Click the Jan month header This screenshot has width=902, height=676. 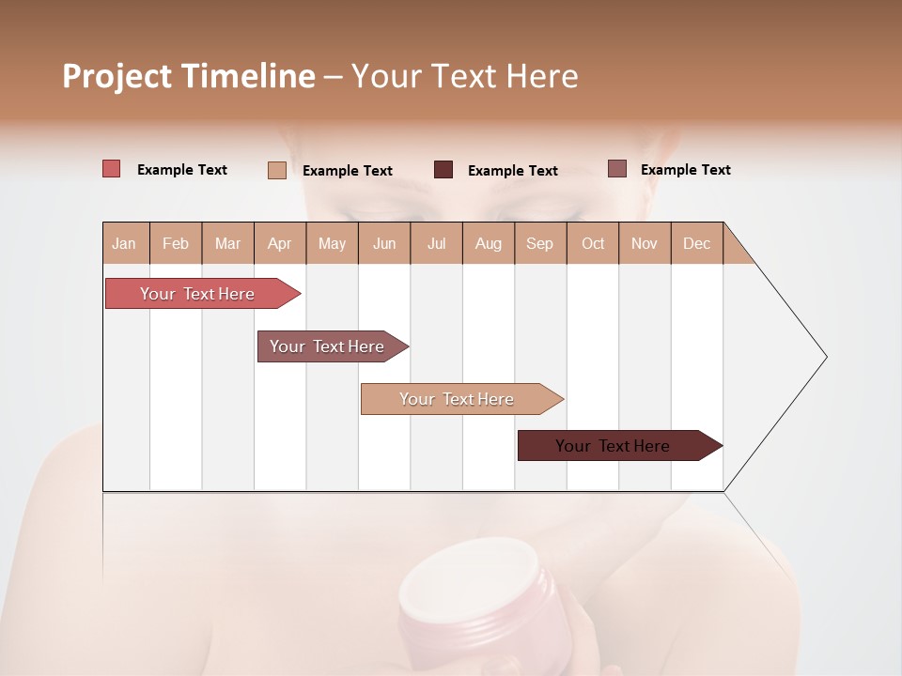click(124, 243)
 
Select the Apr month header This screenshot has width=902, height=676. click(279, 243)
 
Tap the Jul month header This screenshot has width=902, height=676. click(436, 243)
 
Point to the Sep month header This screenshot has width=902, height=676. click(539, 243)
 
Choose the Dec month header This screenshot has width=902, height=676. click(696, 243)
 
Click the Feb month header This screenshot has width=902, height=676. click(176, 243)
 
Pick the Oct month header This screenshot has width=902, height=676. click(593, 243)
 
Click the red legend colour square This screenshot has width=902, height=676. click(112, 169)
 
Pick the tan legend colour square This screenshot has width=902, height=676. click(277, 170)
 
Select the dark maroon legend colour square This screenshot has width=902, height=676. click(443, 170)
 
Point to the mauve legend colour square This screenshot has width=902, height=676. click(616, 169)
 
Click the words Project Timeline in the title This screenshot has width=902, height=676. click(189, 76)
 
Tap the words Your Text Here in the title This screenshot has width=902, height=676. click(464, 76)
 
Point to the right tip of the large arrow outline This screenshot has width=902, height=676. click(825, 357)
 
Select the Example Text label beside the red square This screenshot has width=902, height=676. click(182, 170)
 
